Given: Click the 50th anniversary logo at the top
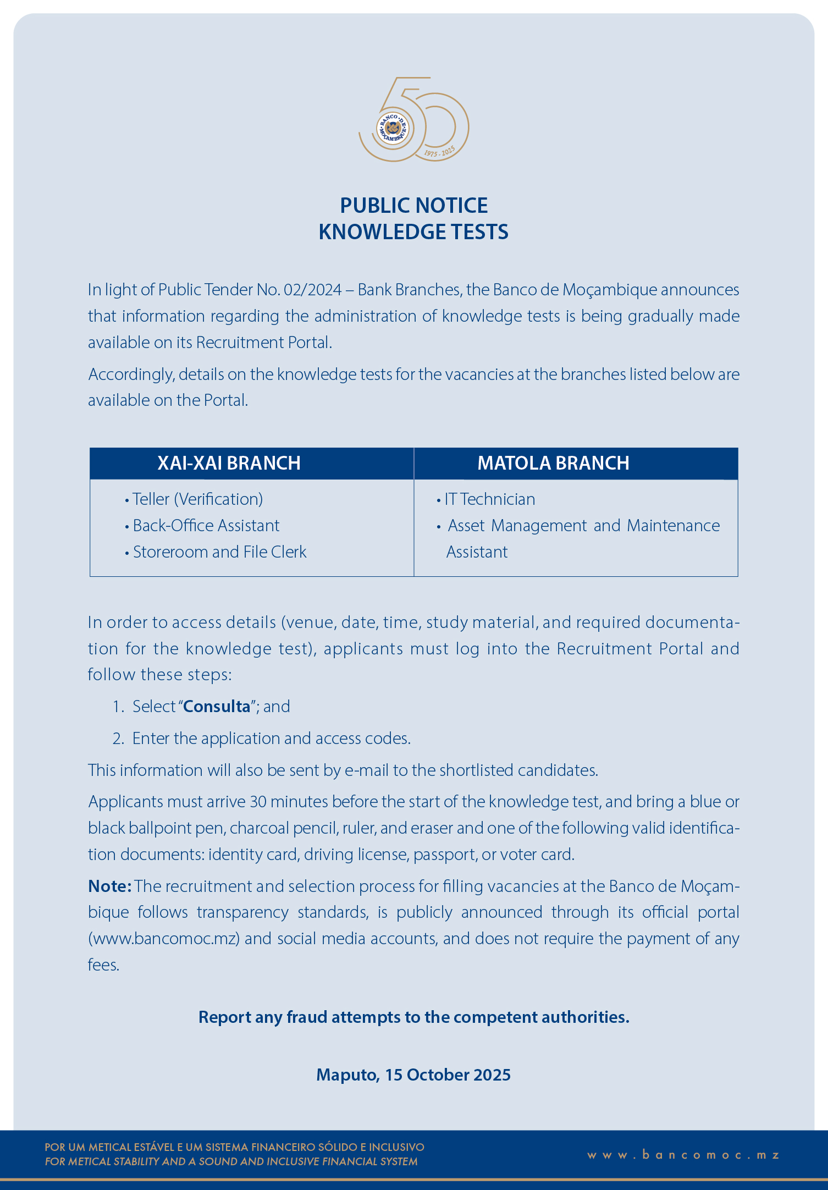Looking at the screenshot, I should [413, 120].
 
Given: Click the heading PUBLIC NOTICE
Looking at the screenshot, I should [413, 206].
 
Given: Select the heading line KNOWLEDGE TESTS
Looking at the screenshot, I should [413, 232].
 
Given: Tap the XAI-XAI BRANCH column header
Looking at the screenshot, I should [229, 463].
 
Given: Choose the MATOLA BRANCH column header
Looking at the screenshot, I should [553, 463].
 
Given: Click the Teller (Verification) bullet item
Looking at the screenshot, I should [197, 499].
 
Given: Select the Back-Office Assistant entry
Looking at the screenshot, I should [206, 526].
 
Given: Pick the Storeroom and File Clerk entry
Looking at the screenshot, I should [219, 552].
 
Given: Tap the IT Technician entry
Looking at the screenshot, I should [489, 499].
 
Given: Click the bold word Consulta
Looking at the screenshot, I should [217, 707].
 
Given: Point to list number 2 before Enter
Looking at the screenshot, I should [118, 739].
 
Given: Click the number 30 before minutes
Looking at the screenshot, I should [258, 802].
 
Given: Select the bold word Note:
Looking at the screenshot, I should [109, 886].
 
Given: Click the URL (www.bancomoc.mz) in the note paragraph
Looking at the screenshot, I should [164, 939].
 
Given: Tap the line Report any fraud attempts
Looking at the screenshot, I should [413, 1017].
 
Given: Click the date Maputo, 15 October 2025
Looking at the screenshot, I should [413, 1075].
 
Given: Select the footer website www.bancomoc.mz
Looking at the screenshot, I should [683, 1155].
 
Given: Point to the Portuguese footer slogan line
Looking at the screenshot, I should [234, 1147].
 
